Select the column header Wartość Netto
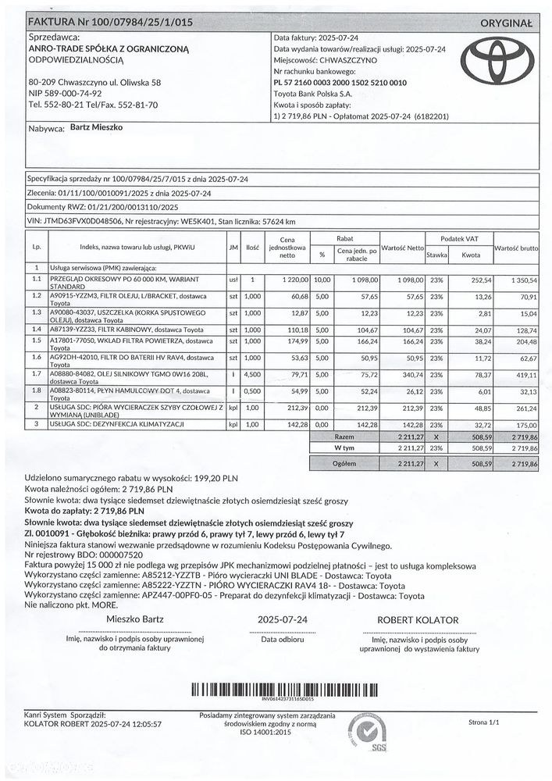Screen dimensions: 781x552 (x=403, y=247)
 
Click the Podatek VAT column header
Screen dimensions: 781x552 (x=458, y=237)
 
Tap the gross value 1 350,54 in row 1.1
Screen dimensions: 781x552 (x=522, y=279)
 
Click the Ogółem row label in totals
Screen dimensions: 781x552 (x=344, y=463)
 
